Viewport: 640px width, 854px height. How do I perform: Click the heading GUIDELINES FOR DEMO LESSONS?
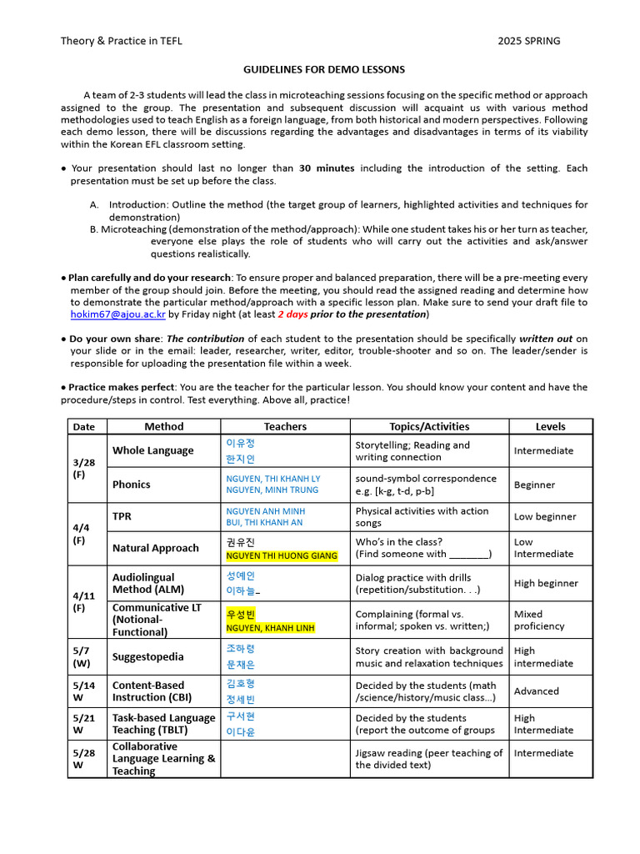point(324,69)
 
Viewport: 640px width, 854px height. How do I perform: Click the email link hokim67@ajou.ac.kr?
point(117,314)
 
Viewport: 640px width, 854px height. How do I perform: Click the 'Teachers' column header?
point(285,426)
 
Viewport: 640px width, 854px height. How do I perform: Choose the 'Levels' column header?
point(550,426)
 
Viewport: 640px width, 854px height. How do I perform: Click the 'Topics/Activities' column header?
point(429,426)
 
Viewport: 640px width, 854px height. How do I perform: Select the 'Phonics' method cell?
point(132,485)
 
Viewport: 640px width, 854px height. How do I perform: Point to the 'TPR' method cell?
point(122,516)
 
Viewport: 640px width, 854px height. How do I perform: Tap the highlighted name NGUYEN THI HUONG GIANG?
point(282,555)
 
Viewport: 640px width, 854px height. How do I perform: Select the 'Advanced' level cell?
point(537,691)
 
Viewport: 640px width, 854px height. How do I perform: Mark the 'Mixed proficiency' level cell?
point(539,620)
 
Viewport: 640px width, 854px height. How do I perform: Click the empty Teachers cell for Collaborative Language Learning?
point(285,759)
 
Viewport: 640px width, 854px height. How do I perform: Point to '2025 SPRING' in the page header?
point(529,41)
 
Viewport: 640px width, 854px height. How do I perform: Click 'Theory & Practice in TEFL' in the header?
point(122,41)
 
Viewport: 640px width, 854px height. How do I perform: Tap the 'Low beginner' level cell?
point(545,517)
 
